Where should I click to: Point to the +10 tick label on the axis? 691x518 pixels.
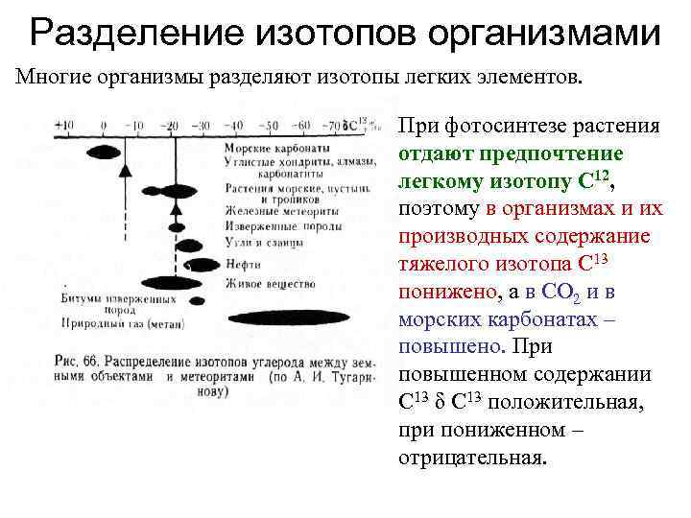tap(64, 125)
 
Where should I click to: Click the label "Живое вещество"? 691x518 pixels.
tap(270, 284)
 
